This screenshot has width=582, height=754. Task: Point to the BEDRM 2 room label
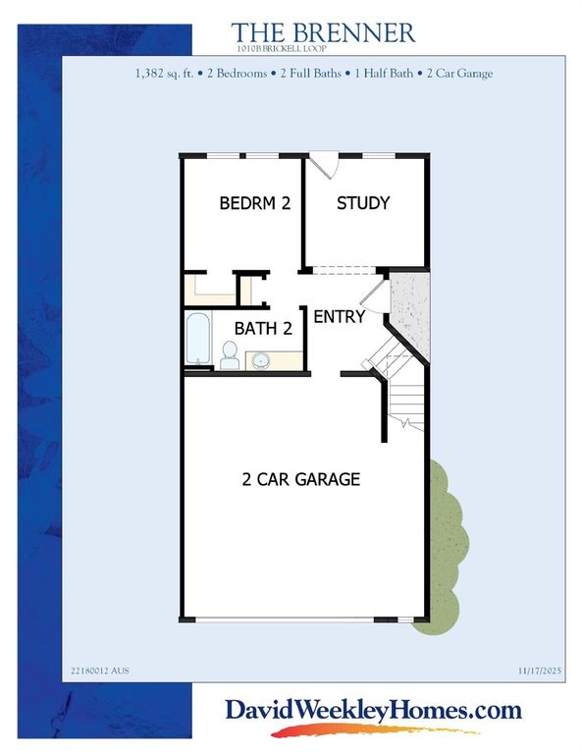[x=254, y=204]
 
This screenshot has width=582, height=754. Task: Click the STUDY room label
[x=363, y=203]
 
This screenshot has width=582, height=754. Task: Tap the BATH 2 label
[x=264, y=330]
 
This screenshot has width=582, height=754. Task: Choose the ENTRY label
[x=339, y=317]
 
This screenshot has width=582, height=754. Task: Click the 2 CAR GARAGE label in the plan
[x=301, y=480]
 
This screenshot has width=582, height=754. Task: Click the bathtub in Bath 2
[x=197, y=339]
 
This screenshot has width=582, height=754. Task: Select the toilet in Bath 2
[x=230, y=354]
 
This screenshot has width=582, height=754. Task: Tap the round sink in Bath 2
[x=262, y=360]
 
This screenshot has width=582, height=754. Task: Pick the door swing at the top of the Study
[x=327, y=165]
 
